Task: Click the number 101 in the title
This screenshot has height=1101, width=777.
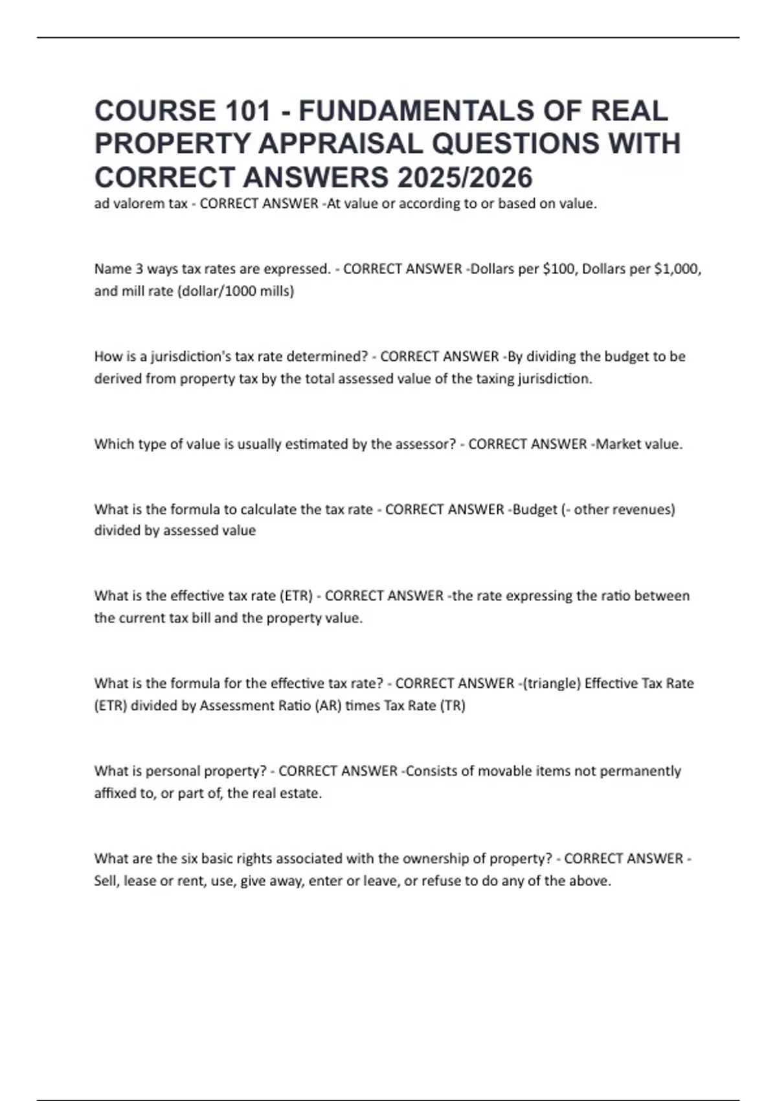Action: (247, 111)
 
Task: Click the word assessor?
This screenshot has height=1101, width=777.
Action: (423, 444)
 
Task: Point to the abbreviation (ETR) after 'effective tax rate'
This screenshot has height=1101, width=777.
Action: (295, 596)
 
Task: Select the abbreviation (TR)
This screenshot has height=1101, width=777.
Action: (453, 706)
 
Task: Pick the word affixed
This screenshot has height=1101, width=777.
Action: (115, 793)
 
